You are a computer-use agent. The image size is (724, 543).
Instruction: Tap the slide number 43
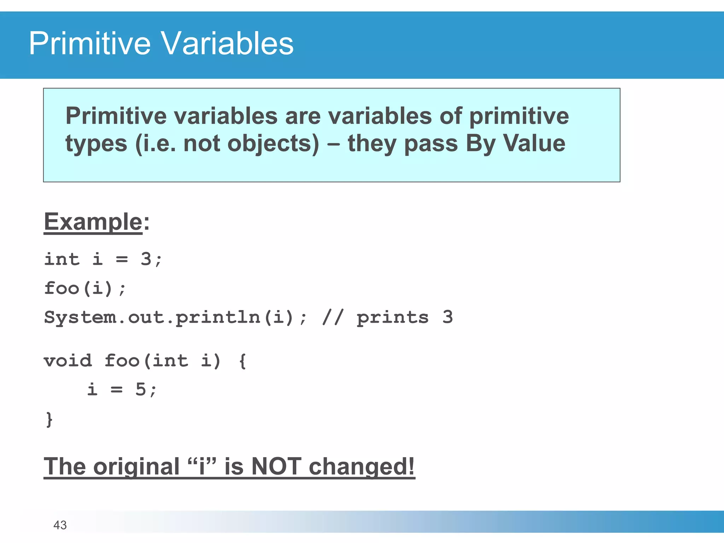[60, 525]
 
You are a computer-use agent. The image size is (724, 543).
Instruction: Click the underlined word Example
[93, 222]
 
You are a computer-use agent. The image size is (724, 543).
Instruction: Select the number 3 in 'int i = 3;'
[146, 259]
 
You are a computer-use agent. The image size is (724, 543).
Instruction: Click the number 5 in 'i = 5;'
[140, 390]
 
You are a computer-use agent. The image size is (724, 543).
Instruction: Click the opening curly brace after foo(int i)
[243, 361]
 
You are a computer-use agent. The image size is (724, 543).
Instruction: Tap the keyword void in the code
[68, 361]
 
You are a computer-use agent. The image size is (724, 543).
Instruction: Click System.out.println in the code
[152, 317]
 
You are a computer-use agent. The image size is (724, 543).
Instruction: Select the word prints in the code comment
[392, 317]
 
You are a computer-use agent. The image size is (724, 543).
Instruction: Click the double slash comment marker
[332, 317]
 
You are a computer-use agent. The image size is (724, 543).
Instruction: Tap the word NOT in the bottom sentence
[276, 466]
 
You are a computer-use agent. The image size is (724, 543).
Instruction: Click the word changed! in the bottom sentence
[361, 466]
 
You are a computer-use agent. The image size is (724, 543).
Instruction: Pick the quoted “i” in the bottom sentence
[202, 466]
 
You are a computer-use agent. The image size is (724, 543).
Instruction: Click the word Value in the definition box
[534, 143]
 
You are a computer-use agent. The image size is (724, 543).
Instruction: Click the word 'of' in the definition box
[451, 116]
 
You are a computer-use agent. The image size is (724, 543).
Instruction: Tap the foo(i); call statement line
[85, 288]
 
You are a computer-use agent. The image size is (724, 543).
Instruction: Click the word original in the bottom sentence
[136, 466]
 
